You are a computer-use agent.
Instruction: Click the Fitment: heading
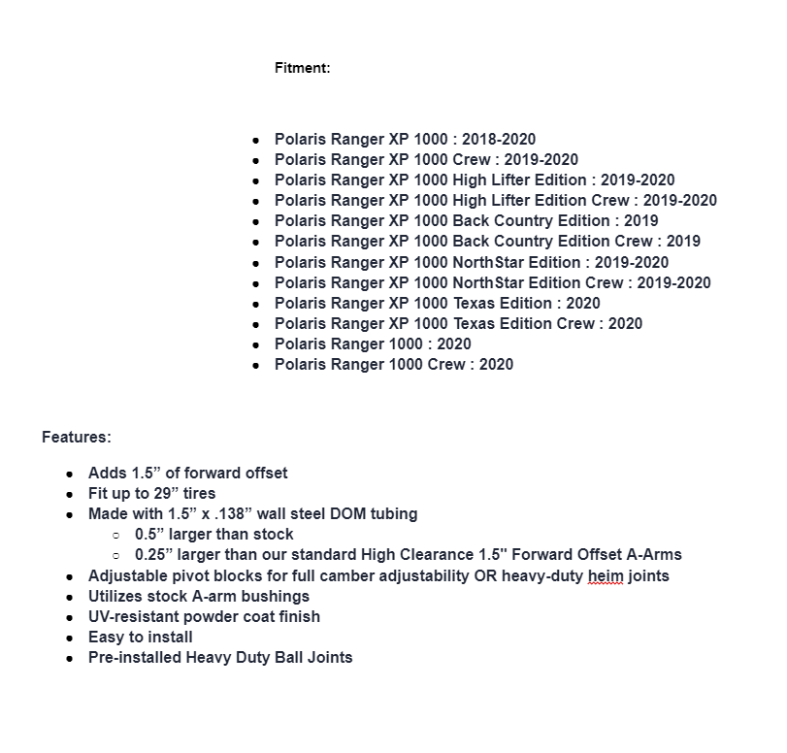(x=302, y=68)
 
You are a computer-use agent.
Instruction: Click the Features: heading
(x=76, y=437)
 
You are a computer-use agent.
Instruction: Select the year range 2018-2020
(x=499, y=140)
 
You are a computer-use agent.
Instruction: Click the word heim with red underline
(x=607, y=575)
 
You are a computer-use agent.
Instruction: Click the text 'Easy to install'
(x=141, y=637)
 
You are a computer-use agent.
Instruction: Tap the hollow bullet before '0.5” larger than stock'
(x=115, y=535)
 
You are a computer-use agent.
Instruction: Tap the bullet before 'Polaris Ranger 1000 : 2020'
(x=255, y=344)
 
